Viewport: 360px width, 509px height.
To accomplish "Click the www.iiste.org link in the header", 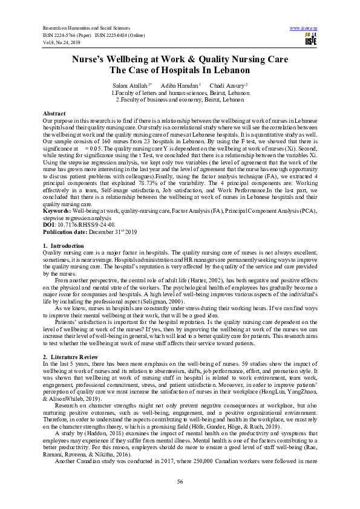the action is [304, 28].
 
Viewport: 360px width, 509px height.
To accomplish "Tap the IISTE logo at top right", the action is [311, 39].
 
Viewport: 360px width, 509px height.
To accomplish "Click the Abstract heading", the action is [54, 114].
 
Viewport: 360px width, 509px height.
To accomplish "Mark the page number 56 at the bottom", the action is [180, 481].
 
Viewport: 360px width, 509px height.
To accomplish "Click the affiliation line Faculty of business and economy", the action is [180, 100].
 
